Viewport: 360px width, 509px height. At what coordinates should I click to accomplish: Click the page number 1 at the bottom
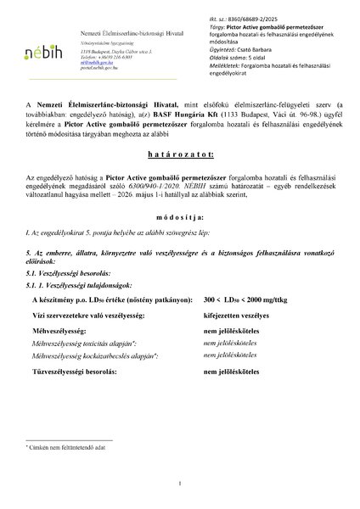click(180, 484)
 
